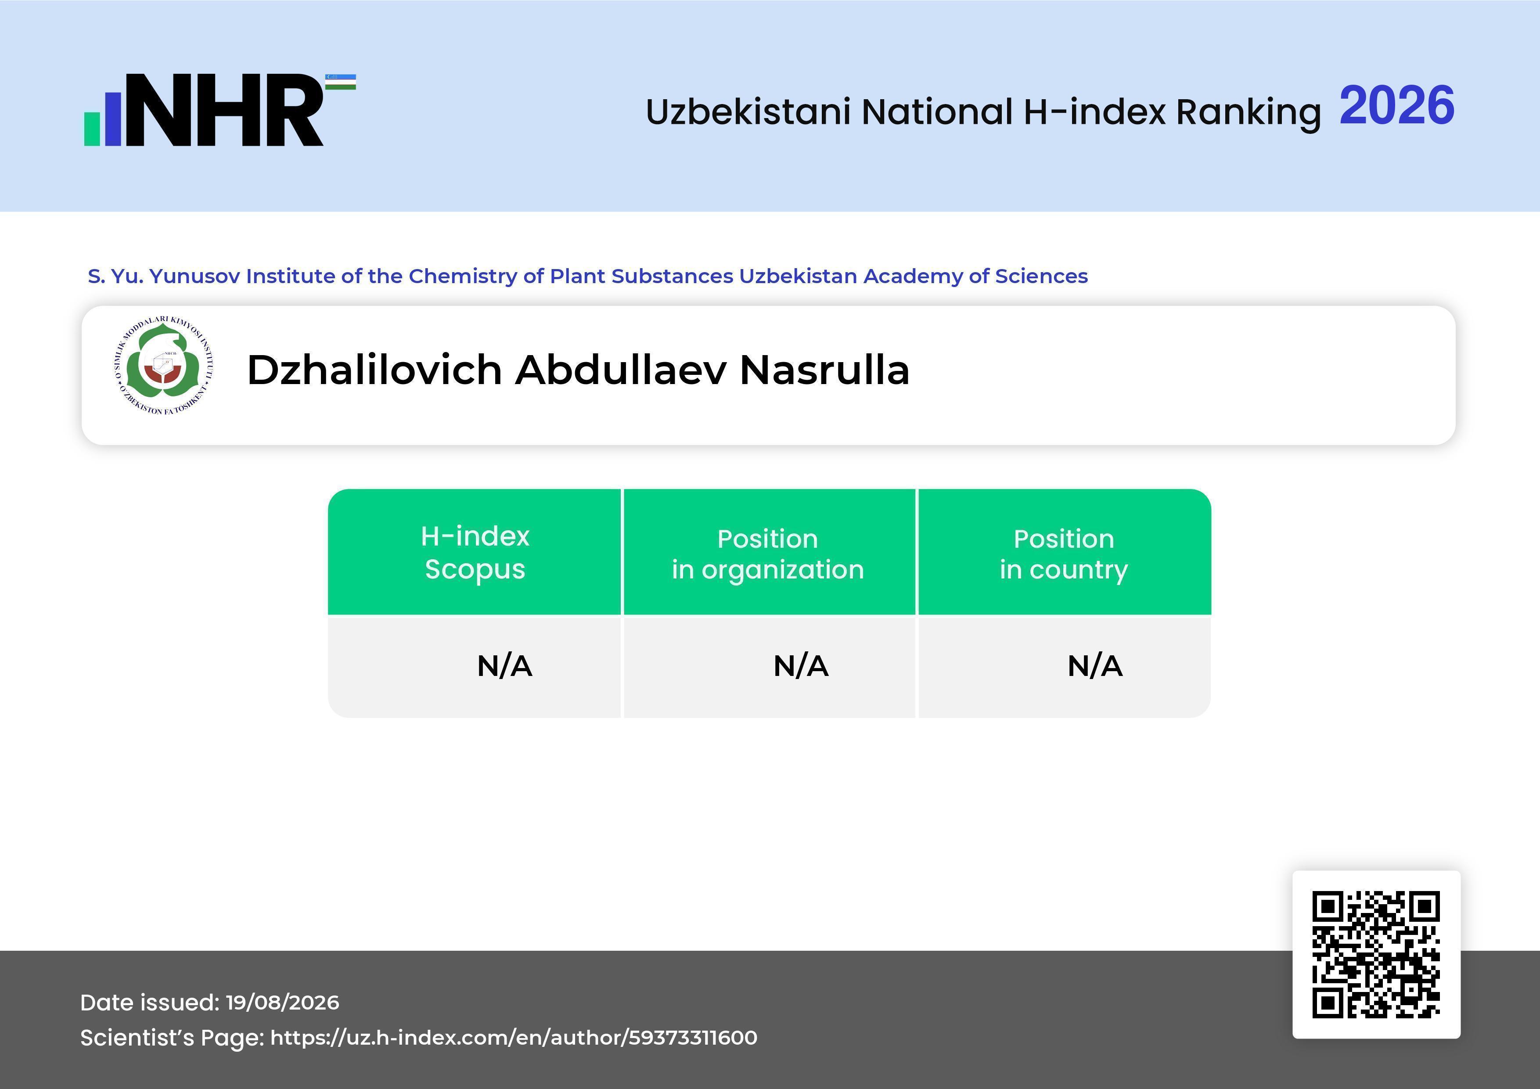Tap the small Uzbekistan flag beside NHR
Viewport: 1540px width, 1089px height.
[341, 82]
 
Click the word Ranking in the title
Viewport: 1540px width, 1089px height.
[1248, 112]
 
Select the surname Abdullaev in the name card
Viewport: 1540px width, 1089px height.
[620, 370]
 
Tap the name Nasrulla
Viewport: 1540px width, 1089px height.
[824, 370]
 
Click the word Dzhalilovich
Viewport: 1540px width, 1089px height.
[374, 370]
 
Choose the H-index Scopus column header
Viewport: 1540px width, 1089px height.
[475, 553]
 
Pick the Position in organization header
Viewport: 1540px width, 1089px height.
[768, 554]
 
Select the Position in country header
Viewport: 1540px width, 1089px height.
[1064, 554]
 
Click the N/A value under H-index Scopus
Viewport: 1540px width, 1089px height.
[504, 666]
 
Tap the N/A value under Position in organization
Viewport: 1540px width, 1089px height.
[801, 666]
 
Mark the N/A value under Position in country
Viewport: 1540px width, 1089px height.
[1094, 666]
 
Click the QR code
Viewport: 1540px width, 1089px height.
[1376, 954]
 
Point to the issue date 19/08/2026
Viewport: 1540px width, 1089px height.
[282, 1003]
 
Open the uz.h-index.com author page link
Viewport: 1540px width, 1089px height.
[514, 1037]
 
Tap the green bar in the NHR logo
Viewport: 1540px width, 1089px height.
[92, 129]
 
